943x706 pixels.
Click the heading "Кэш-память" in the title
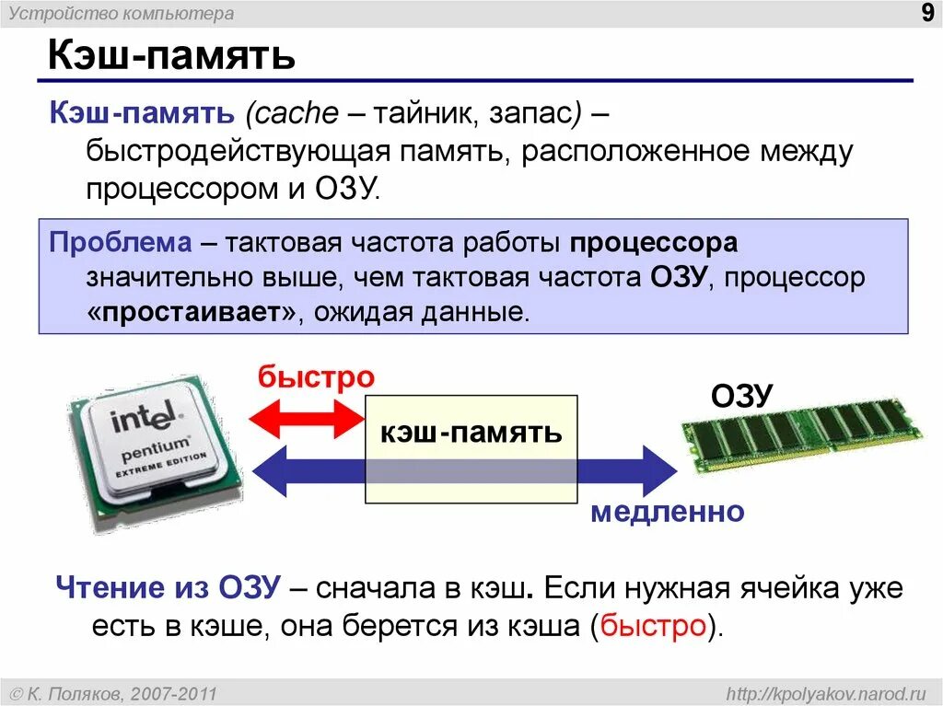tap(171, 55)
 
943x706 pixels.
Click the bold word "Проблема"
tap(120, 244)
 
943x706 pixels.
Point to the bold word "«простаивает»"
tap(193, 312)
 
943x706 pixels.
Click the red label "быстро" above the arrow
tap(316, 377)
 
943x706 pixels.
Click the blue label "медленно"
tap(667, 512)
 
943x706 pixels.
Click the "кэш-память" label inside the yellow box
tap(471, 432)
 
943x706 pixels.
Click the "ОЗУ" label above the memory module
tap(741, 397)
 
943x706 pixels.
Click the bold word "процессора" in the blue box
tap(653, 244)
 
